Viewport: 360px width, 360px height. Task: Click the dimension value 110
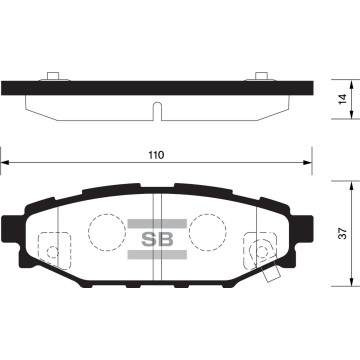pos(154,156)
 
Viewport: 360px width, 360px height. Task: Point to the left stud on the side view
pos(52,76)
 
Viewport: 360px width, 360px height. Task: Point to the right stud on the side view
pos(260,76)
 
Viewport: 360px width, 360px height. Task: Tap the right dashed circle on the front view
pos(207,233)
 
